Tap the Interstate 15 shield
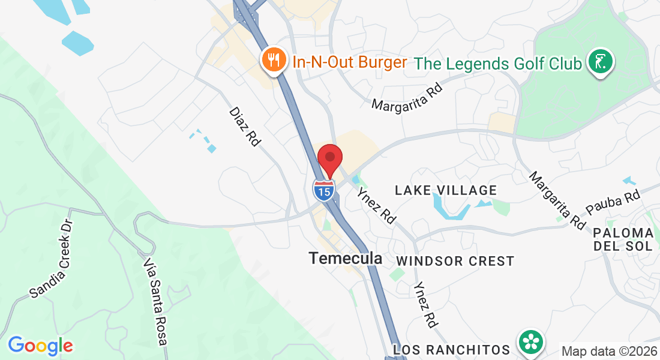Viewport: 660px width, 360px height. click(323, 190)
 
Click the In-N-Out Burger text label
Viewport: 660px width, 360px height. click(350, 62)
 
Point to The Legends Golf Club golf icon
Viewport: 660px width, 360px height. click(600, 62)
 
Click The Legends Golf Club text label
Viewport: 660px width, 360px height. click(498, 63)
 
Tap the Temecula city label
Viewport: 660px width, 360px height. click(345, 258)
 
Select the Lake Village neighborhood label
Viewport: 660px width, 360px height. click(445, 190)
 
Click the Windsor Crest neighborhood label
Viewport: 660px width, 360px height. click(455, 261)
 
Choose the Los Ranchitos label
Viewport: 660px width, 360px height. click(451, 349)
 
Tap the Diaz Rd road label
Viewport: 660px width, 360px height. click(245, 127)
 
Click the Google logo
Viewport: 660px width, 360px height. click(40, 346)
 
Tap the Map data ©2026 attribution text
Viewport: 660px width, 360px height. click(608, 351)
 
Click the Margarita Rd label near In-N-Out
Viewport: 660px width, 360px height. click(407, 97)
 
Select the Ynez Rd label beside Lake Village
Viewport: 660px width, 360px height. click(376, 206)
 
